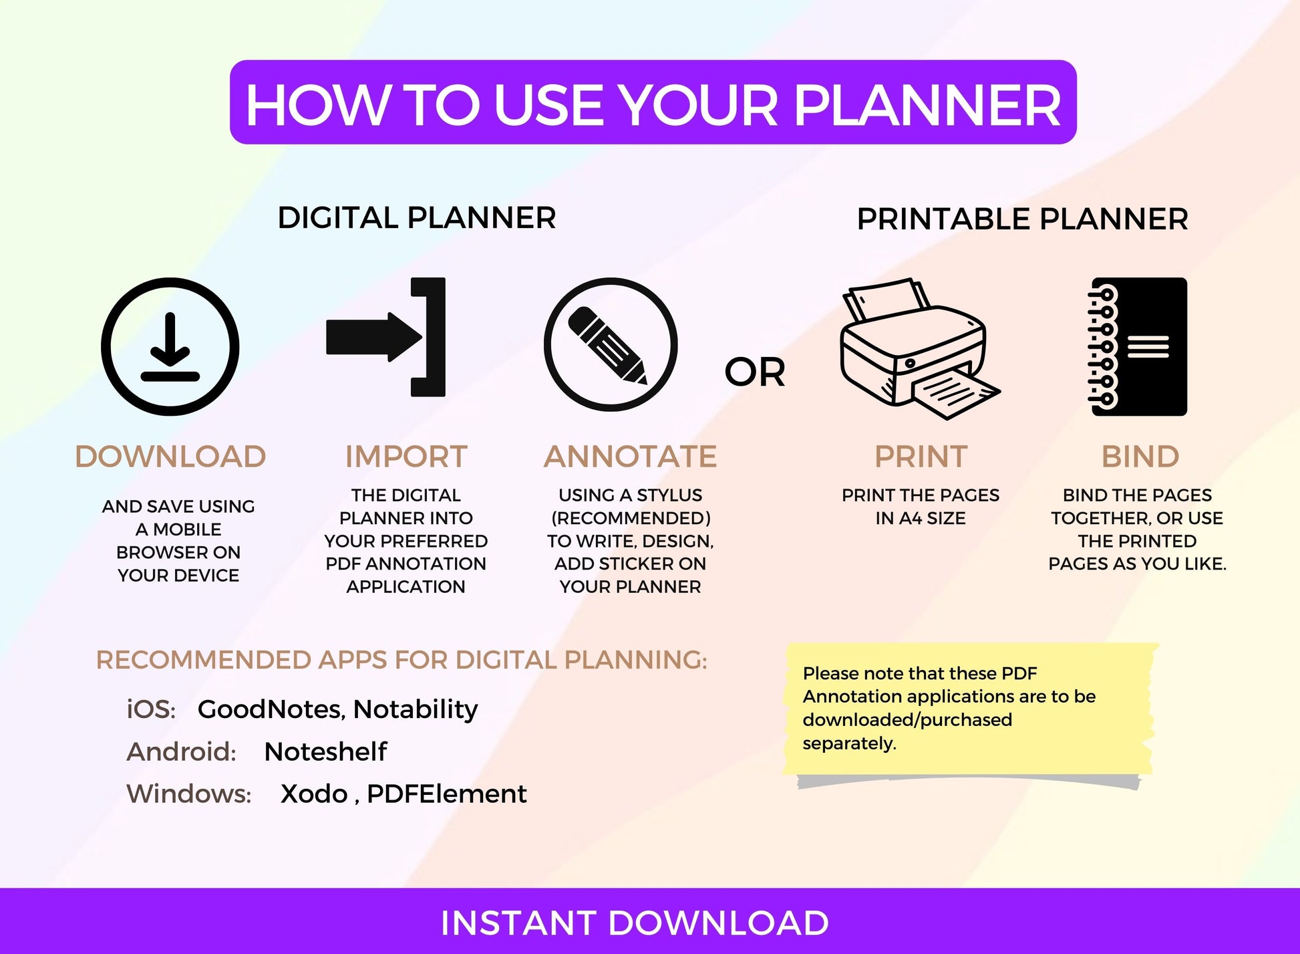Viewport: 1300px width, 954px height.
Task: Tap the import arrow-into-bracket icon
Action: click(385, 337)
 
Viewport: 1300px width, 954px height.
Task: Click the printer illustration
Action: click(920, 348)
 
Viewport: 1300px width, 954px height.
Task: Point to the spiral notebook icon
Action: click(1138, 347)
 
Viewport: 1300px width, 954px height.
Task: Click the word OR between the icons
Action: click(755, 372)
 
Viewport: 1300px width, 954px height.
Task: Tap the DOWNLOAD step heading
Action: click(170, 457)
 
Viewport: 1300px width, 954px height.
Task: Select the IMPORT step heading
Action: click(406, 457)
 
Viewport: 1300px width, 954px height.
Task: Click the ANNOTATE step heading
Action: click(630, 457)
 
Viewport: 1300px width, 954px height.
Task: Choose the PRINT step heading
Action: click(921, 457)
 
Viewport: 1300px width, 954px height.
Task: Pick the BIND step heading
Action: click(1140, 457)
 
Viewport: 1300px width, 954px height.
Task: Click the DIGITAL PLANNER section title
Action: click(417, 218)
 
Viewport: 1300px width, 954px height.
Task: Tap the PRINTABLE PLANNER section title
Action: click(1023, 219)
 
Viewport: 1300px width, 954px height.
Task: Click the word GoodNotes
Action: click(271, 709)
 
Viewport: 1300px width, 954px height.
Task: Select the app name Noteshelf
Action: click(325, 751)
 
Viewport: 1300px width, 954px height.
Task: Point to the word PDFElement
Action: click(447, 794)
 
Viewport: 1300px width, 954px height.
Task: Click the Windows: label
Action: click(189, 794)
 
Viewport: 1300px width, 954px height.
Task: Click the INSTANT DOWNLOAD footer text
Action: click(635, 923)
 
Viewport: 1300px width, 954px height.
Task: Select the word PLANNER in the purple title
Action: click(927, 105)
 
